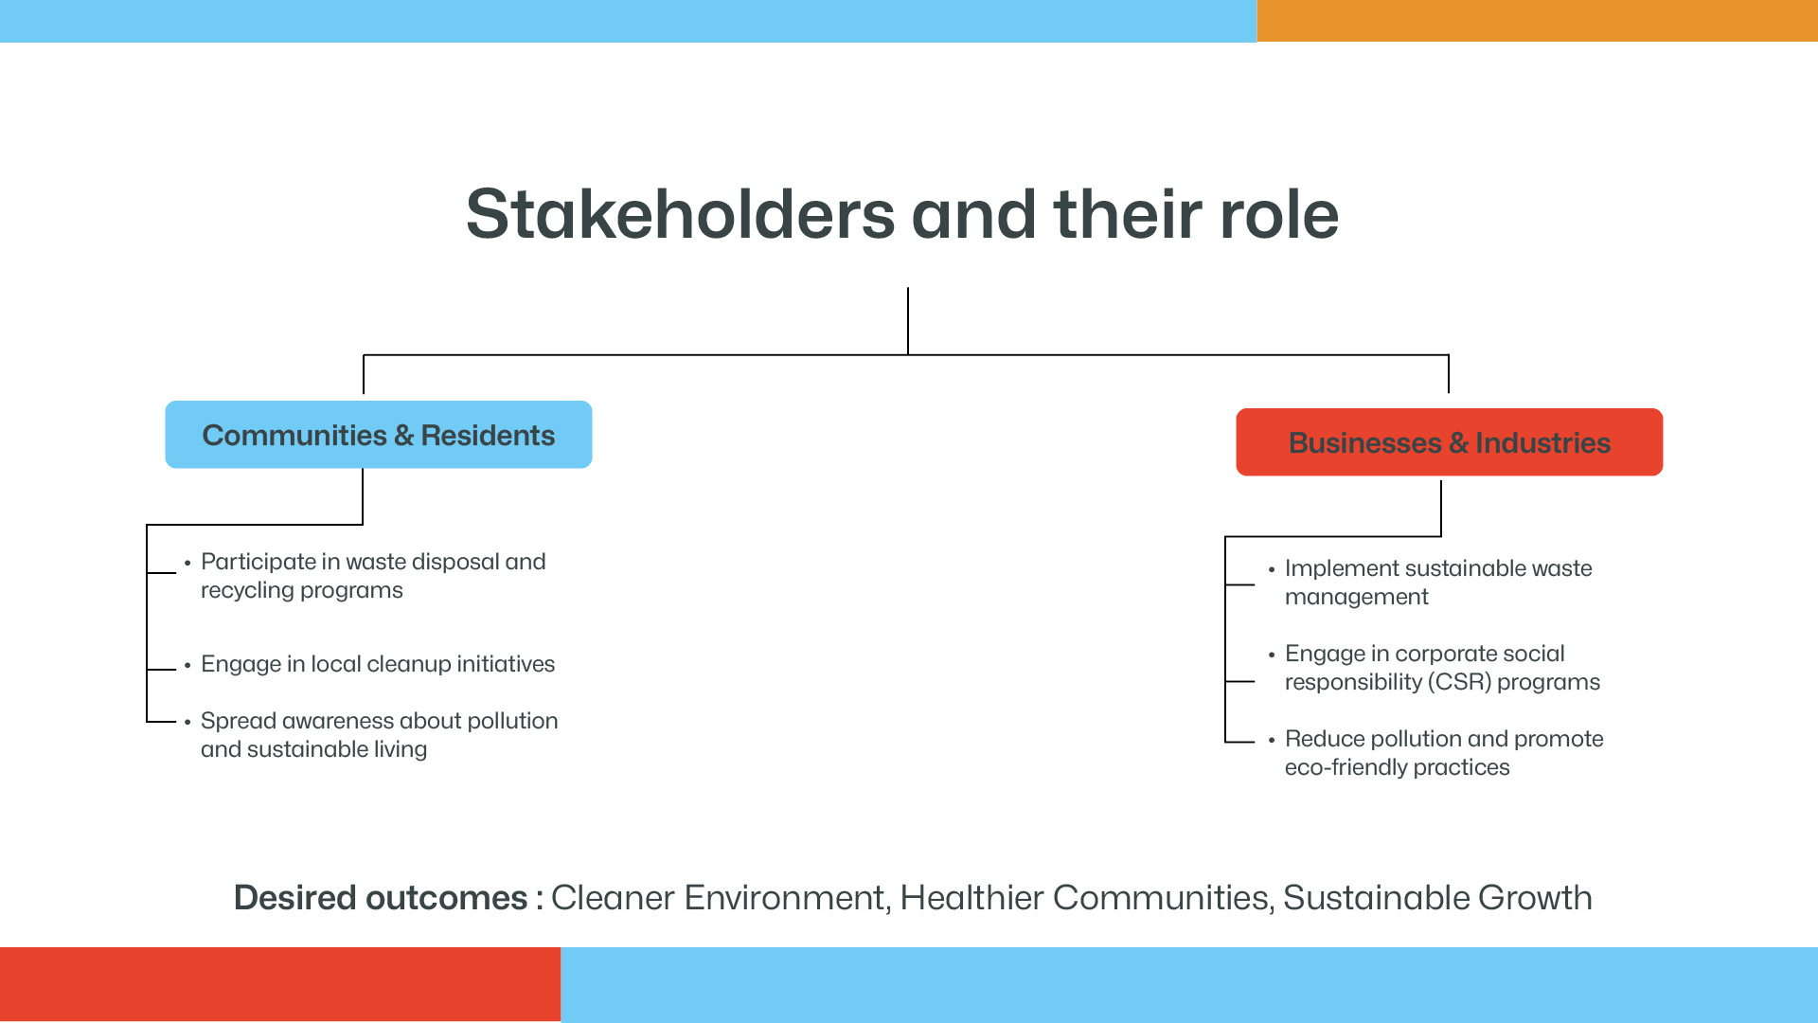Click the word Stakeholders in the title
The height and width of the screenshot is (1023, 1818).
coord(680,214)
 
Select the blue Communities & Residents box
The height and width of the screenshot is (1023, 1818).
coord(379,435)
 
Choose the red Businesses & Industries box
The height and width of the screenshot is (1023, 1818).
coord(1450,442)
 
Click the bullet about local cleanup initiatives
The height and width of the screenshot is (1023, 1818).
coord(378,664)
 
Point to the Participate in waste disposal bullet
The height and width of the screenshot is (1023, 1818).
coord(373,576)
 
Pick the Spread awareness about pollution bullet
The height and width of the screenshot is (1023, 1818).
coord(379,735)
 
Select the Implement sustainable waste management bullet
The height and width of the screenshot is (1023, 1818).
coord(1438,583)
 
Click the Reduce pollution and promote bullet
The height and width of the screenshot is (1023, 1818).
coord(1444,753)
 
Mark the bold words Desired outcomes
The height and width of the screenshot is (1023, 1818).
coord(381,898)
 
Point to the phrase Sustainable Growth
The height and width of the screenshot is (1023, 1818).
coord(1437,898)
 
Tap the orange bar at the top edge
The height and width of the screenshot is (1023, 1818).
coord(1538,21)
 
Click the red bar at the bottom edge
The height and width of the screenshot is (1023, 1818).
coord(280,985)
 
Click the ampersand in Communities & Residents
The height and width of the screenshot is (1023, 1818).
coord(404,436)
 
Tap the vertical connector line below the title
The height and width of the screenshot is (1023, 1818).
coord(908,321)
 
